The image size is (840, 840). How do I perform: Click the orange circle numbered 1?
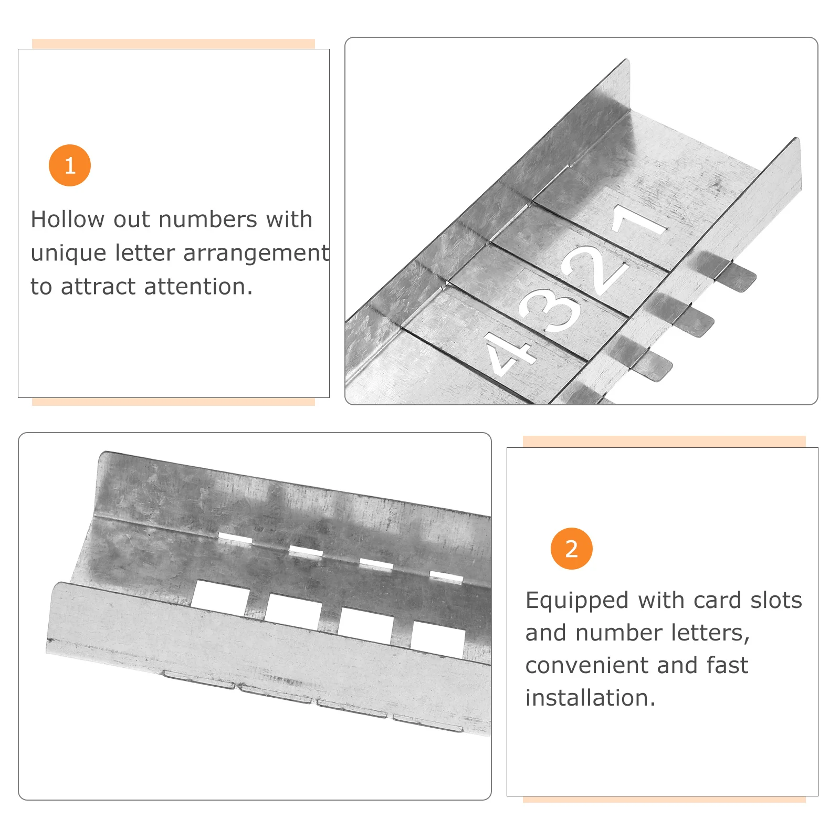(70, 165)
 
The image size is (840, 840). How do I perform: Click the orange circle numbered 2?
(572, 549)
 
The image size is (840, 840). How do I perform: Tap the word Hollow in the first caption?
(68, 219)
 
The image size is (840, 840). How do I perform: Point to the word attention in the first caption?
(198, 287)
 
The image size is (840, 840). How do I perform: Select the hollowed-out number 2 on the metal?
(596, 270)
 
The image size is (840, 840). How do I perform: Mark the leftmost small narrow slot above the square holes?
(235, 539)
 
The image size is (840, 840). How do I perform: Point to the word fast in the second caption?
(727, 666)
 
